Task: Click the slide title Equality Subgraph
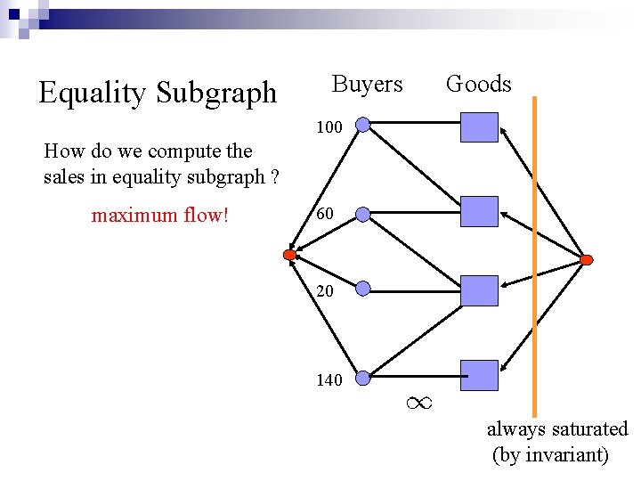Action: [x=158, y=92]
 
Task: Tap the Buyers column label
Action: [x=367, y=85]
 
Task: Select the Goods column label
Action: [x=478, y=85]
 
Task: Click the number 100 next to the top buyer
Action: [x=329, y=127]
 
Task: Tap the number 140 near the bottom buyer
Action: [x=329, y=380]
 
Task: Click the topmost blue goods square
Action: [x=479, y=127]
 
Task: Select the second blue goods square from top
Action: [x=479, y=211]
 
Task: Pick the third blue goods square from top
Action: [x=479, y=290]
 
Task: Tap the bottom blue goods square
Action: [x=479, y=375]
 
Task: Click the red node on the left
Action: [x=289, y=256]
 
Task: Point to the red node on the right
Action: [x=586, y=260]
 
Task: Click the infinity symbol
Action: [x=418, y=404]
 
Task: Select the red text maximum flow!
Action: [x=160, y=215]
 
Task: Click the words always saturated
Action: [x=556, y=429]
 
